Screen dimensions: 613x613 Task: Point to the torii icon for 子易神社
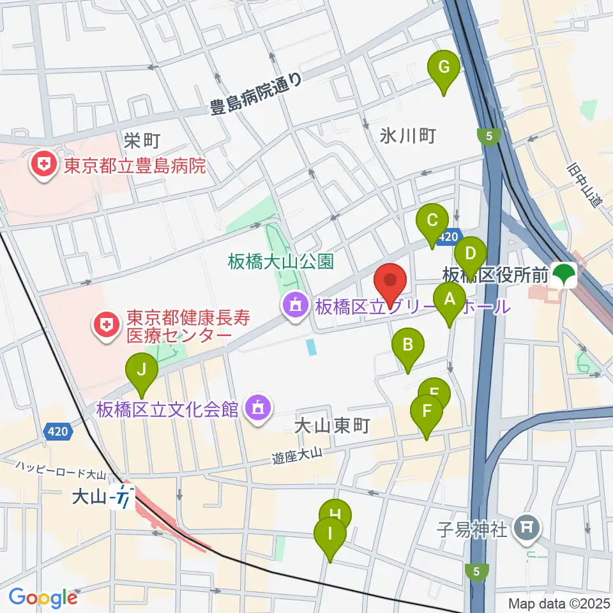coord(527,529)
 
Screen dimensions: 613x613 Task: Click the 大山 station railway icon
coord(121,496)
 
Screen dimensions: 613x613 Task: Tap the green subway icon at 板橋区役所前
coord(565,275)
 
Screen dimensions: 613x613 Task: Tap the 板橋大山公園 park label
coord(281,261)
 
